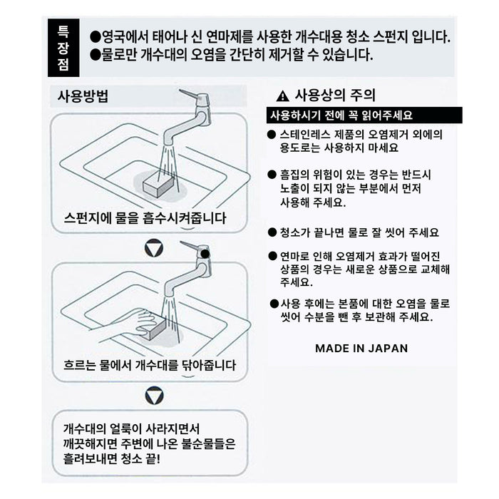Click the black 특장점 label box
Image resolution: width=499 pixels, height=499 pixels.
(x=63, y=48)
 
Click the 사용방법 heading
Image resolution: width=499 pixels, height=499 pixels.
(x=83, y=96)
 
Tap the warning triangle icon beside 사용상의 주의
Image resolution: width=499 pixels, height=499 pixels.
(x=282, y=96)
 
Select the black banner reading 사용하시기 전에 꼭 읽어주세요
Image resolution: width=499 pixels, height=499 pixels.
(x=364, y=115)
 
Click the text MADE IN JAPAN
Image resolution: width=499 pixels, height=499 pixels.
(x=361, y=348)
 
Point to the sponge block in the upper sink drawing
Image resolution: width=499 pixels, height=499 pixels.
(x=159, y=185)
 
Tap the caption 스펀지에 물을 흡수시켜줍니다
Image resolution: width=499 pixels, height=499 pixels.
(x=145, y=218)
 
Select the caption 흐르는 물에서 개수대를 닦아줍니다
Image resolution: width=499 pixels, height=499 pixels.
(x=150, y=365)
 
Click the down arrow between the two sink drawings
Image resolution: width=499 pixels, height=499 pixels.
(x=154, y=248)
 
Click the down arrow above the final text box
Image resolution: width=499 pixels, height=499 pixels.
(x=155, y=396)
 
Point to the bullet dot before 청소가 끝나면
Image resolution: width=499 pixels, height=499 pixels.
(x=272, y=232)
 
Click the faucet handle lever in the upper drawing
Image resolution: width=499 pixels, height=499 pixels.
(x=190, y=94)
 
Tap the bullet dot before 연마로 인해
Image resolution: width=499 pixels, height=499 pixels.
(x=272, y=256)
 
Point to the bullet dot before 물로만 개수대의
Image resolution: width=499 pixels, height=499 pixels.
(x=95, y=55)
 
